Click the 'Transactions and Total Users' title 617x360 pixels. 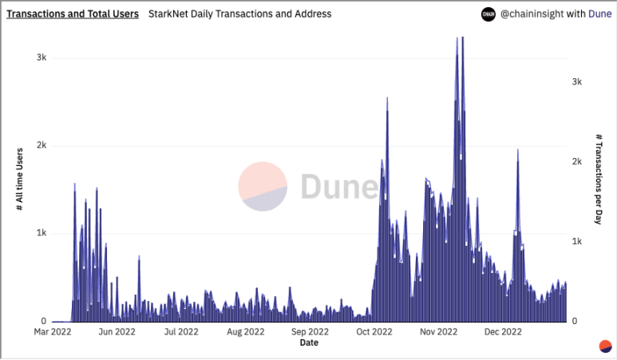[72, 14]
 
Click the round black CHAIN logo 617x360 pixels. [487, 14]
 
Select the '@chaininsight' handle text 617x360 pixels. [530, 14]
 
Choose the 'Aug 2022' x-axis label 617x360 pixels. [245, 331]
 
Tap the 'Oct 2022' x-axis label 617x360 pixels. [374, 331]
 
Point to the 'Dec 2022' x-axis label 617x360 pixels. [503, 331]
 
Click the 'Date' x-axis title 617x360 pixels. [309, 343]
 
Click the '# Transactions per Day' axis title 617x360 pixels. [599, 180]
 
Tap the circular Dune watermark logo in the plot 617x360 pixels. [263, 187]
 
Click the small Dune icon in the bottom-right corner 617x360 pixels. [605, 346]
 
